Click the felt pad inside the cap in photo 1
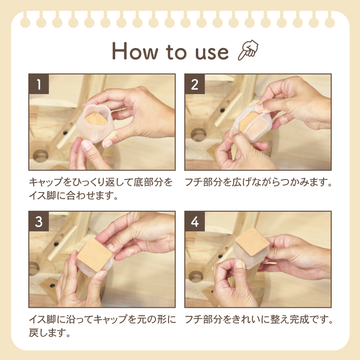[x=98, y=122]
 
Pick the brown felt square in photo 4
[x=251, y=242]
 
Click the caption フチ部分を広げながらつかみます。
[x=258, y=183]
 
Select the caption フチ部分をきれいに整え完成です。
[x=258, y=319]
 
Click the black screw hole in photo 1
[x=65, y=131]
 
